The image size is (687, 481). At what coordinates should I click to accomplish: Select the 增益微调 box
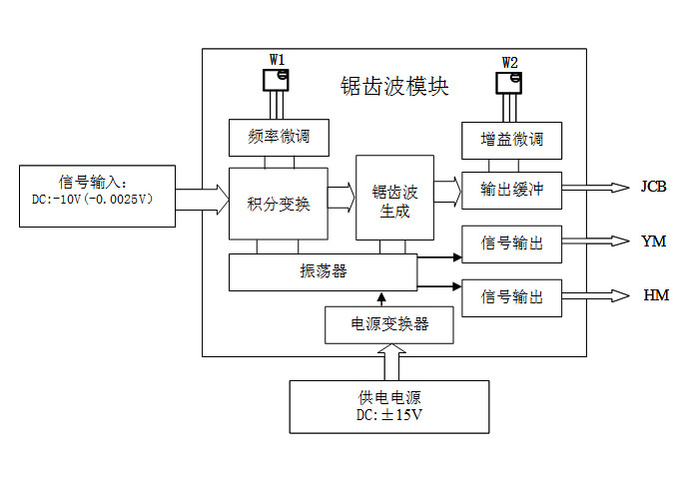[x=511, y=140]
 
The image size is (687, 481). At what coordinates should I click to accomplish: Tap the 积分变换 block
[x=279, y=204]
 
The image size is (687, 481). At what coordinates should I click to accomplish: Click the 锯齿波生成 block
[x=394, y=198]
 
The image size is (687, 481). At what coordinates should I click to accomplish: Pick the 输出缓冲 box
[x=511, y=189]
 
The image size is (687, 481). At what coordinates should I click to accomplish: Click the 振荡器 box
[x=323, y=271]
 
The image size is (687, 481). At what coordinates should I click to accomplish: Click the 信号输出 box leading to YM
[x=511, y=242]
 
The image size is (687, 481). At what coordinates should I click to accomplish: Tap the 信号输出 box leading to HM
[x=511, y=296]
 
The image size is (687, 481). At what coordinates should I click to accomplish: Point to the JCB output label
[x=653, y=188]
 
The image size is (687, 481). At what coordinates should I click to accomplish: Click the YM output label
[x=653, y=241]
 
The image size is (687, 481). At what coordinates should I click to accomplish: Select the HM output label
[x=653, y=296]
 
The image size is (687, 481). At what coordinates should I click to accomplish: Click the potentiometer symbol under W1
[x=276, y=86]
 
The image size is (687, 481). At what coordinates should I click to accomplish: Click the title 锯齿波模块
[x=394, y=87]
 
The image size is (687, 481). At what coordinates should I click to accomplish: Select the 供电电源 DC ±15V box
[x=388, y=406]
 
